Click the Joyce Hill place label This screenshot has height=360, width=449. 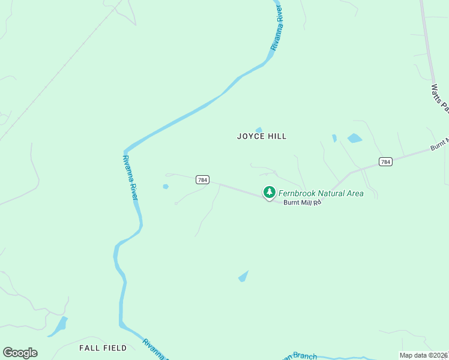pyautogui.click(x=262, y=136)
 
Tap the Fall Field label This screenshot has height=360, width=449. pyautogui.click(x=103, y=348)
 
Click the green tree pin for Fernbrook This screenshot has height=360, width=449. pyautogui.click(x=270, y=192)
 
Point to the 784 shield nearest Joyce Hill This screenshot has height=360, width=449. pyautogui.click(x=202, y=179)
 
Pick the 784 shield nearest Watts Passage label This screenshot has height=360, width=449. pyautogui.click(x=385, y=161)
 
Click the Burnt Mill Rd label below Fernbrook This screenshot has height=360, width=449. pyautogui.click(x=303, y=203)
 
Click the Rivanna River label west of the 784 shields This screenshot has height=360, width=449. pyautogui.click(x=130, y=177)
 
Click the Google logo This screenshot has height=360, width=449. pyautogui.click(x=20, y=353)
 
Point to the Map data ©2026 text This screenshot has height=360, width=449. pyautogui.click(x=424, y=355)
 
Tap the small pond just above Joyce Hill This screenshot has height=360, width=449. pyautogui.click(x=259, y=130)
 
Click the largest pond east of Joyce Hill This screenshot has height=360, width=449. pyautogui.click(x=355, y=138)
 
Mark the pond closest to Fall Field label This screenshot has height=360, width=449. pyautogui.click(x=58, y=326)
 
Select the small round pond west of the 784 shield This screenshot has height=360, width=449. pyautogui.click(x=166, y=187)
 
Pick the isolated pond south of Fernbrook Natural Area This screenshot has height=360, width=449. pyautogui.click(x=243, y=276)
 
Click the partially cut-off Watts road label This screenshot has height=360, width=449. pyautogui.click(x=440, y=98)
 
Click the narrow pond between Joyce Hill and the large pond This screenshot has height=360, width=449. pyautogui.click(x=334, y=138)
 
